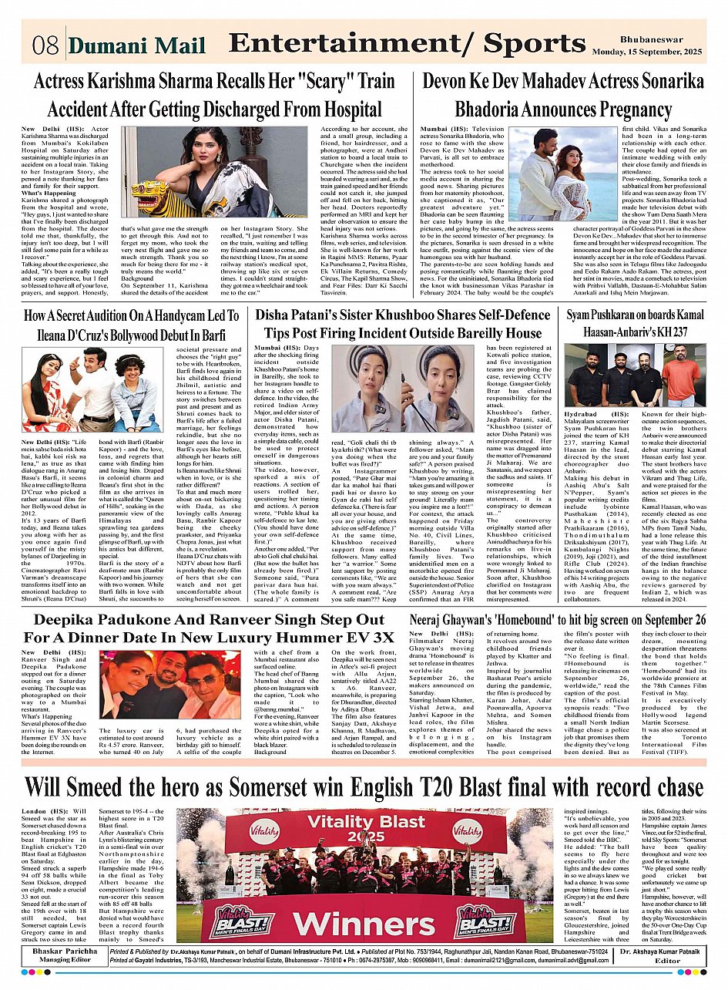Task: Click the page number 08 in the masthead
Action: pos(46,45)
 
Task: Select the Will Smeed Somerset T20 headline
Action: pos(364,787)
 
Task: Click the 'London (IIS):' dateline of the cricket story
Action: pos(45,812)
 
